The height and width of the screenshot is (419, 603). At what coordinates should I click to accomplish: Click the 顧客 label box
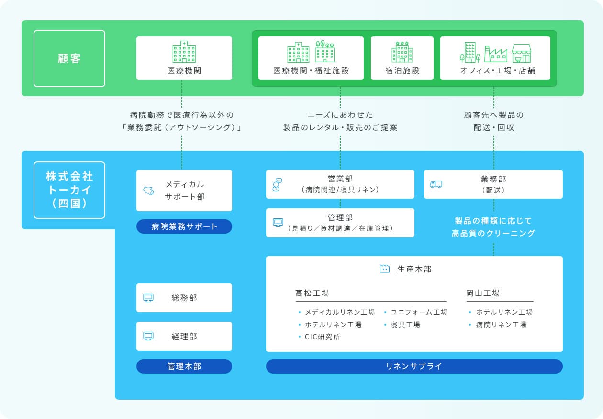(69, 58)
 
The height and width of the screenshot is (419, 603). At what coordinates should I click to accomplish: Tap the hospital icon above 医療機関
(184, 52)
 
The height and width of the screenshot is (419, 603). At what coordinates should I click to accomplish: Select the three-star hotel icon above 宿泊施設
(402, 52)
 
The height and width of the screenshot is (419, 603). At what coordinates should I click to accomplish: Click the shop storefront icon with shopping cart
(522, 53)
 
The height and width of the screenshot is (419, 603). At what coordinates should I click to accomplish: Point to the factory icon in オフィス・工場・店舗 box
(496, 54)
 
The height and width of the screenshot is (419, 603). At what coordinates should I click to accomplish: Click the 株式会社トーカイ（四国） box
(69, 190)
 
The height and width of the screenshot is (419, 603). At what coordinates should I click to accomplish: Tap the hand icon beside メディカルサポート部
(148, 191)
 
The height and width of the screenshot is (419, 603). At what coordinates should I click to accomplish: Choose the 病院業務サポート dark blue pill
(184, 226)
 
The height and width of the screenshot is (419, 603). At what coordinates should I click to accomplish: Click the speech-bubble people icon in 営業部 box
(277, 184)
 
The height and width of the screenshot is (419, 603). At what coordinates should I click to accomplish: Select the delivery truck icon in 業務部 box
(436, 184)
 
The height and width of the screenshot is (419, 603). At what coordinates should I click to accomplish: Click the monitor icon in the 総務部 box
(148, 298)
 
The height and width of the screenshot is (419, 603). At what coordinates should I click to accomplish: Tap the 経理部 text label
(184, 336)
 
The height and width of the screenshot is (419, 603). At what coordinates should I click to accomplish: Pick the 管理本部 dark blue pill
(184, 366)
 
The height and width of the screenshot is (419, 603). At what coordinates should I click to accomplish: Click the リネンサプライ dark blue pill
(414, 366)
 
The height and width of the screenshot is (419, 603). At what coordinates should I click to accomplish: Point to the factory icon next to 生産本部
(384, 269)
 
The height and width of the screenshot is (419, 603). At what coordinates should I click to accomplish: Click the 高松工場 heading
(312, 293)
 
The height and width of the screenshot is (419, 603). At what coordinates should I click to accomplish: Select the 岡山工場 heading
(483, 293)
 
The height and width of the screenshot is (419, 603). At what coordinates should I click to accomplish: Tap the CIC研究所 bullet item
(320, 337)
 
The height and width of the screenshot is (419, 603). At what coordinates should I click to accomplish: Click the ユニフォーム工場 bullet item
(416, 312)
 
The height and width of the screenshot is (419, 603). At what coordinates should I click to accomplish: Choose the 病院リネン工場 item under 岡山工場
(498, 325)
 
